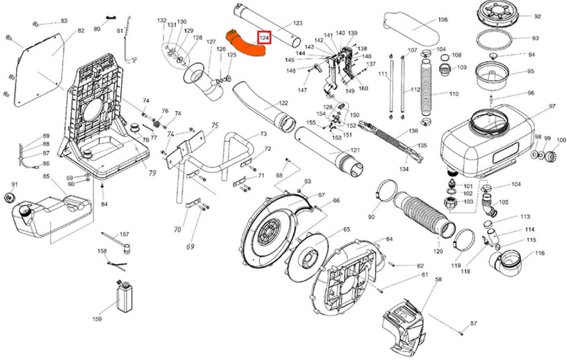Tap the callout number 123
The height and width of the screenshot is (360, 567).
coord(297,23)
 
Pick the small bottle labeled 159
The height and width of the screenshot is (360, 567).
coord(125,296)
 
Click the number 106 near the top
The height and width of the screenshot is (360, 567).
coord(442,20)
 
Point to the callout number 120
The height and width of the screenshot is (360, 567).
coord(438,251)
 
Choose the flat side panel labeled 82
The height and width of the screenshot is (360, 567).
coord(40,69)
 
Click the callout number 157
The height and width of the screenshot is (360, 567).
coord(124,234)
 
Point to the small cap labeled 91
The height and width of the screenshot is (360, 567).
coord(9,197)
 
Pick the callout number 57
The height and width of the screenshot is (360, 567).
coord(473,323)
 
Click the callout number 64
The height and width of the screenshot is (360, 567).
coord(389,239)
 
